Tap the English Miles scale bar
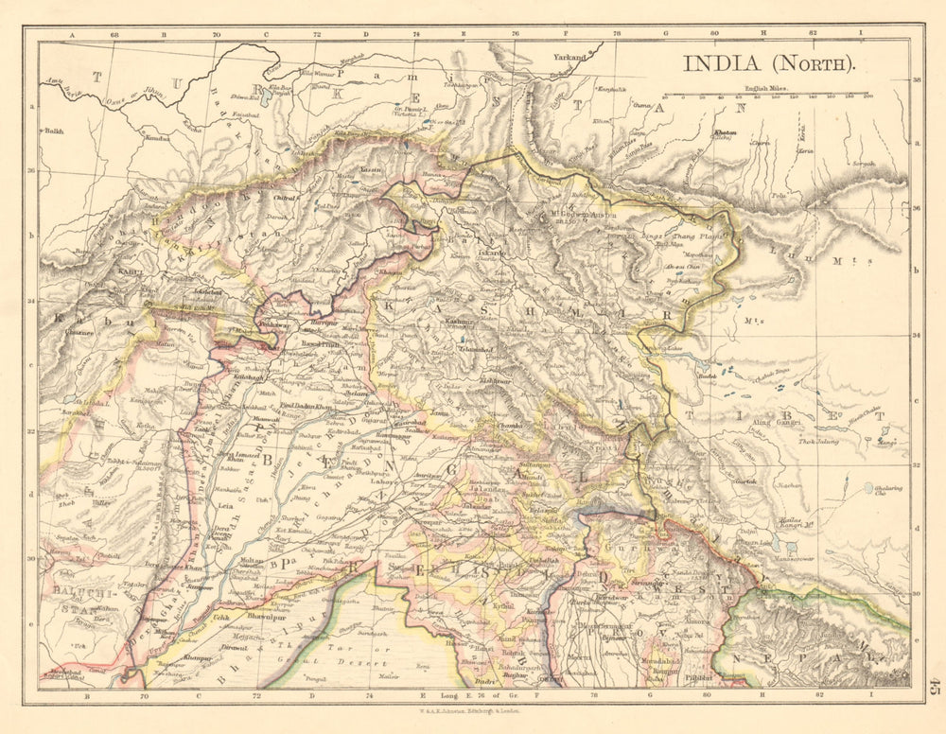[x=767, y=96]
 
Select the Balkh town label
[x=53, y=132]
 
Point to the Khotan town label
[x=724, y=133]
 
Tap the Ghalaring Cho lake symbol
[x=868, y=489]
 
